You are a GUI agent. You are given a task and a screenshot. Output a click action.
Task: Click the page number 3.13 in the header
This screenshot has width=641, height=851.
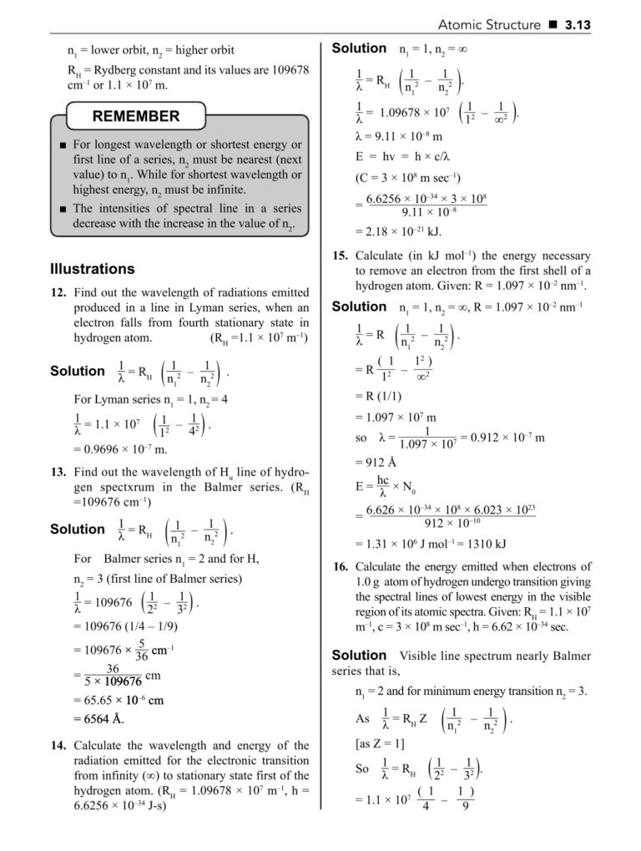point(578,25)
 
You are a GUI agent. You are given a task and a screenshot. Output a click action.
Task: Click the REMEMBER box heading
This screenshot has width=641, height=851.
point(135,116)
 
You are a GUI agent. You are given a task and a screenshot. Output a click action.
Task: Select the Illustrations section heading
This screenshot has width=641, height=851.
point(92,269)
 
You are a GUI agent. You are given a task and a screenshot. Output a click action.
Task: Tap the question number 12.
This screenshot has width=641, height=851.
point(58,293)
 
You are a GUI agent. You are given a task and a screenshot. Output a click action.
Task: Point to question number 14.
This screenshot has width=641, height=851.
point(58,745)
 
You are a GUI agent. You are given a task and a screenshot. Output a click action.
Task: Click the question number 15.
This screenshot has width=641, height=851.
point(339,256)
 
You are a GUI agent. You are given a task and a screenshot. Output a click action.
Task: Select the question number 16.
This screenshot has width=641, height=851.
point(339,566)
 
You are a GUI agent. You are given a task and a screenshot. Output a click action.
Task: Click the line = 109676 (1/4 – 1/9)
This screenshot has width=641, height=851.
point(125,626)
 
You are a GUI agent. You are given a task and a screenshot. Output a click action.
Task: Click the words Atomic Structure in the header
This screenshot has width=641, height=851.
point(489,25)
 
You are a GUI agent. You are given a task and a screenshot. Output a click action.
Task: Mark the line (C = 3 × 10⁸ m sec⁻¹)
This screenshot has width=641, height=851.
point(408,177)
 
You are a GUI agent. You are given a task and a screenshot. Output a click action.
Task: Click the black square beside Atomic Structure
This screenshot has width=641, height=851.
point(553,25)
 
